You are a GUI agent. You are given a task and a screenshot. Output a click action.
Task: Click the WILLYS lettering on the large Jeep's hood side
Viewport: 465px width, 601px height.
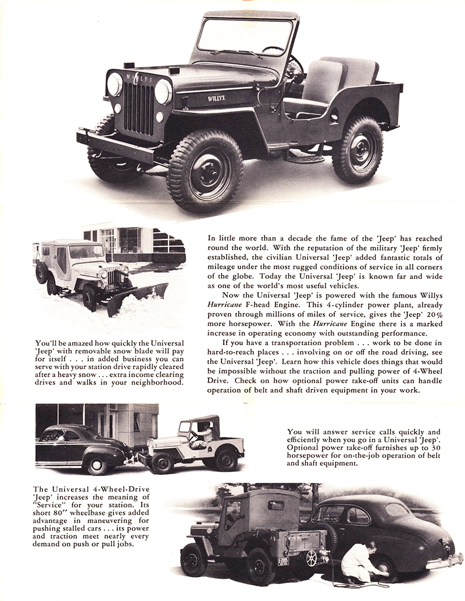point(217,99)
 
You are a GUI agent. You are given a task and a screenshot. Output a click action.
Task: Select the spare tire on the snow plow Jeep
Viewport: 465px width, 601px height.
point(41,272)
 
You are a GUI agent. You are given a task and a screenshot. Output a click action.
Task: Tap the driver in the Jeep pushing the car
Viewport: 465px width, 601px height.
point(205,434)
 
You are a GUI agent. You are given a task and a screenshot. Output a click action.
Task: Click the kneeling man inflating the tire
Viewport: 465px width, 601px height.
point(360,561)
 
